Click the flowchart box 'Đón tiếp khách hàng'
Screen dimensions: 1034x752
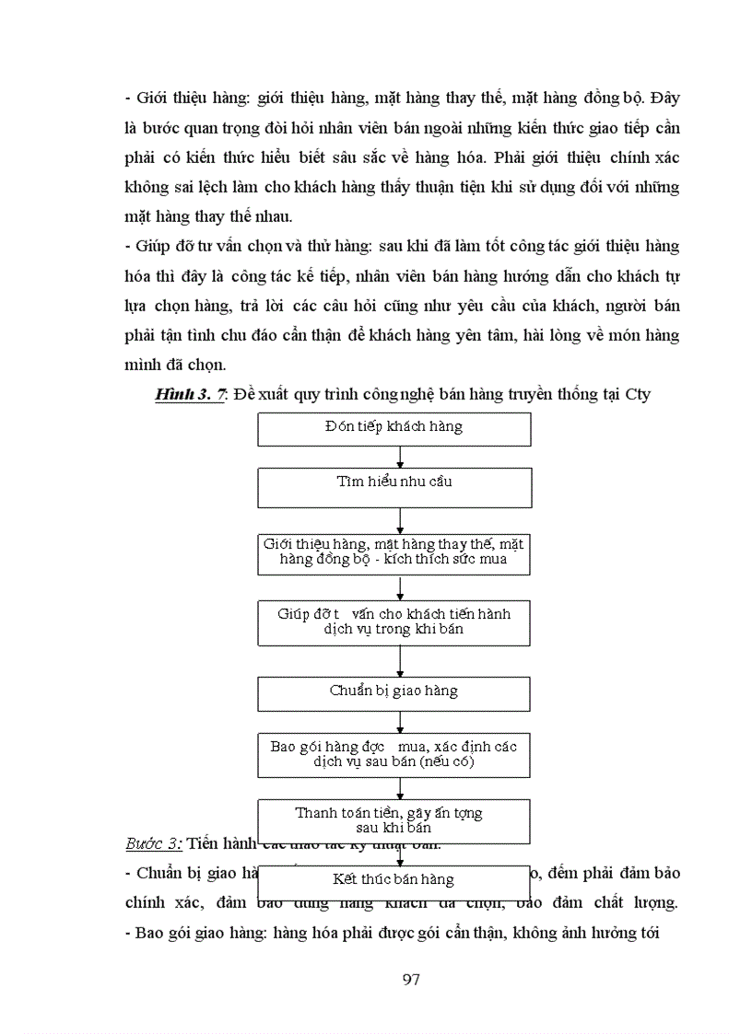pos(394,429)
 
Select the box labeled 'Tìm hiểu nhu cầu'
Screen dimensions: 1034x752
pos(394,487)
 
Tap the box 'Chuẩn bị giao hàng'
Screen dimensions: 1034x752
pos(394,693)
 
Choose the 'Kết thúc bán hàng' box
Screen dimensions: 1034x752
pos(394,879)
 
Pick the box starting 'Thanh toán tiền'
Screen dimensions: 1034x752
pos(394,820)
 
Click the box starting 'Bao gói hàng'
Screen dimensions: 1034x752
pos(394,755)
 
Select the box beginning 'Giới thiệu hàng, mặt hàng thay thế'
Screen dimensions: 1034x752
pos(394,553)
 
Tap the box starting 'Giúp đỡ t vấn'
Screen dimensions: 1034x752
pos(394,622)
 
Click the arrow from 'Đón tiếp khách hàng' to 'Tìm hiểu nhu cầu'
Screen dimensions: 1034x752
pos(400,457)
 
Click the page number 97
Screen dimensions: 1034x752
pos(412,979)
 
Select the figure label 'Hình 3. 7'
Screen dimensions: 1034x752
pos(190,395)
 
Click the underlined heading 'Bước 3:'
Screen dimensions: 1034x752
pos(154,843)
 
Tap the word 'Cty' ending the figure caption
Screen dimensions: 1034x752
pos(637,395)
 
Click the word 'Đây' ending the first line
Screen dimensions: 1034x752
pos(664,98)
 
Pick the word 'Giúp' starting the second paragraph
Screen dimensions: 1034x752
pos(151,247)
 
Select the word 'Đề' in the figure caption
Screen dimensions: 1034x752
pos(243,395)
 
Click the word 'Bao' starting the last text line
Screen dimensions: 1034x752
pos(150,932)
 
